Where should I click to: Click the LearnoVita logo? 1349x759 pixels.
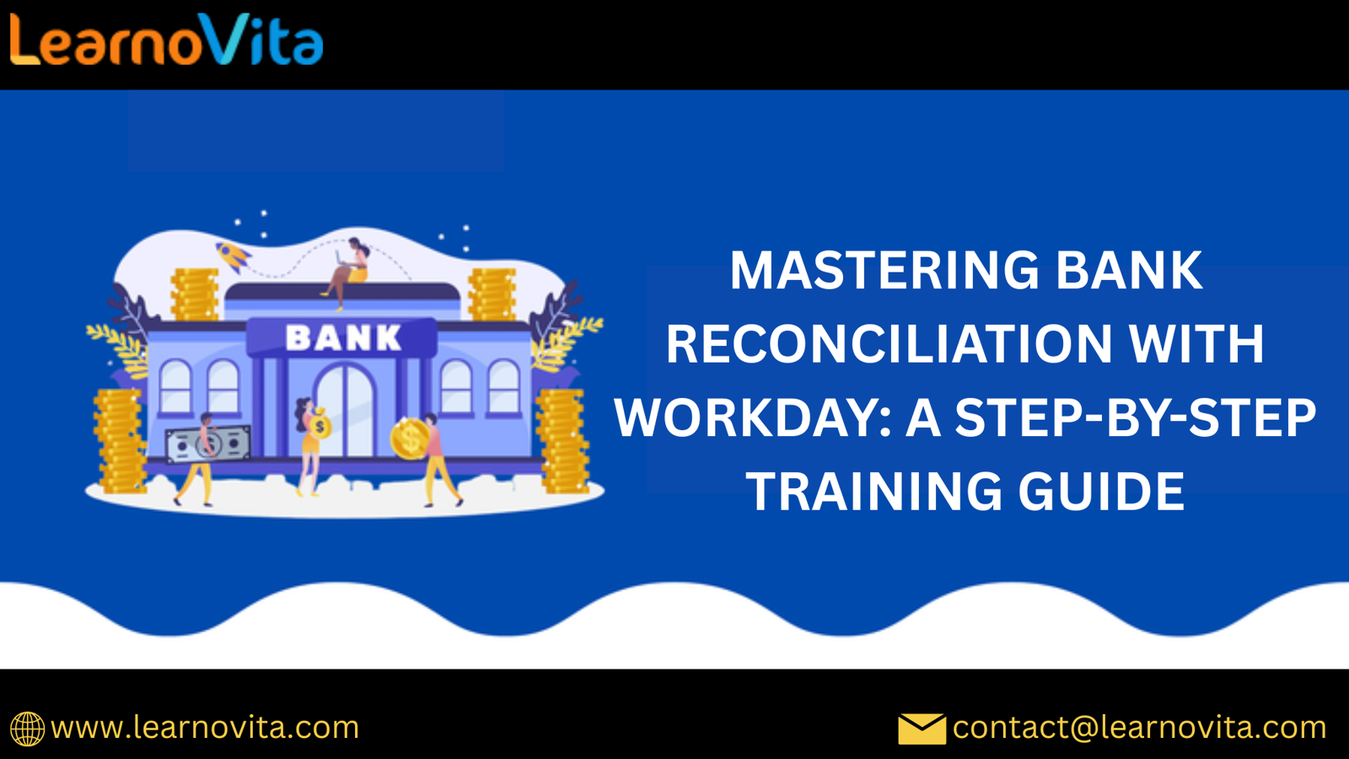[x=166, y=40]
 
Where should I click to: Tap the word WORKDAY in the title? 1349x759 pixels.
[x=753, y=417]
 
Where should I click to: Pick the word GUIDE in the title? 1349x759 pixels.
[x=1101, y=492]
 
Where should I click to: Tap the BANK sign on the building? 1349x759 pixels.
[x=342, y=338]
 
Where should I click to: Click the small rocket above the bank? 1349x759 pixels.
[x=233, y=256]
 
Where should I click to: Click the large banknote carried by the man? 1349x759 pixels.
[x=207, y=444]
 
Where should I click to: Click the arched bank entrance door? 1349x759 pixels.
[x=345, y=411]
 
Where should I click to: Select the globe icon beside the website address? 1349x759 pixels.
[x=27, y=729]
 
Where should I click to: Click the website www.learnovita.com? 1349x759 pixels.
[x=205, y=728]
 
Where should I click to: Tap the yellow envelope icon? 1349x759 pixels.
[x=922, y=729]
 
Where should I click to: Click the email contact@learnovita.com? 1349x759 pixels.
[x=1139, y=728]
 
